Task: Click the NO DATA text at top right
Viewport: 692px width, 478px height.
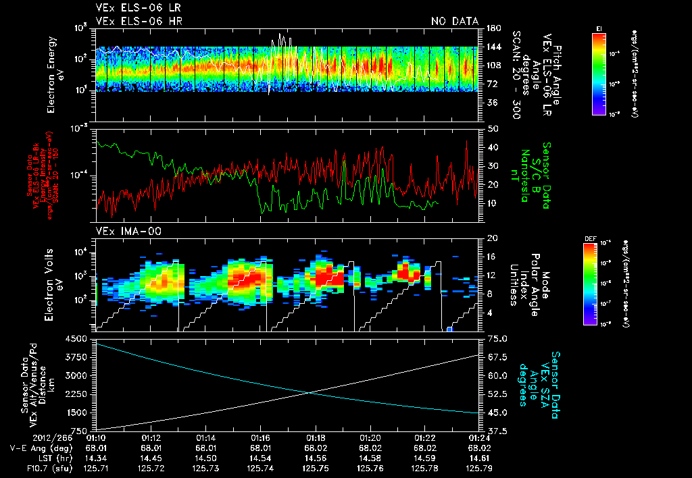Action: [x=454, y=22]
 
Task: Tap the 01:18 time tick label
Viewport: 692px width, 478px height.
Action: [x=316, y=437]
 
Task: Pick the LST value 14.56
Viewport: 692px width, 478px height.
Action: [x=316, y=457]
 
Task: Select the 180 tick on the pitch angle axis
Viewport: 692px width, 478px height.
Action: [x=493, y=28]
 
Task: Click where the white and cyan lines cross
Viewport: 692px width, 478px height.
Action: [x=312, y=392]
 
